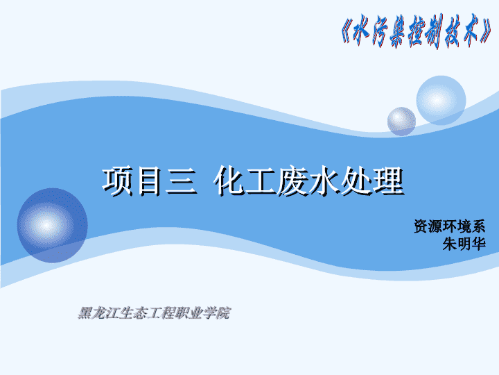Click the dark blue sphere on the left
(x=53, y=226)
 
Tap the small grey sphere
(x=401, y=122)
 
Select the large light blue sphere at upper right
(x=441, y=100)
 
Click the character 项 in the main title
(x=117, y=181)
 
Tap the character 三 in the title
(x=180, y=181)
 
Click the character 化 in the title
(x=229, y=181)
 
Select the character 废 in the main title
(x=292, y=181)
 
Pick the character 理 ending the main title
(x=388, y=181)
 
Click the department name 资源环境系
(x=449, y=226)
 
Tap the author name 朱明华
(x=464, y=244)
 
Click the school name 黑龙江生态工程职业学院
(x=154, y=312)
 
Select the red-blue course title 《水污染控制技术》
(x=417, y=31)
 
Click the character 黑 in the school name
(x=85, y=312)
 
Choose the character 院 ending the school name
(x=223, y=312)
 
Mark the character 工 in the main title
(x=261, y=181)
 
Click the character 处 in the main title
(x=356, y=181)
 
